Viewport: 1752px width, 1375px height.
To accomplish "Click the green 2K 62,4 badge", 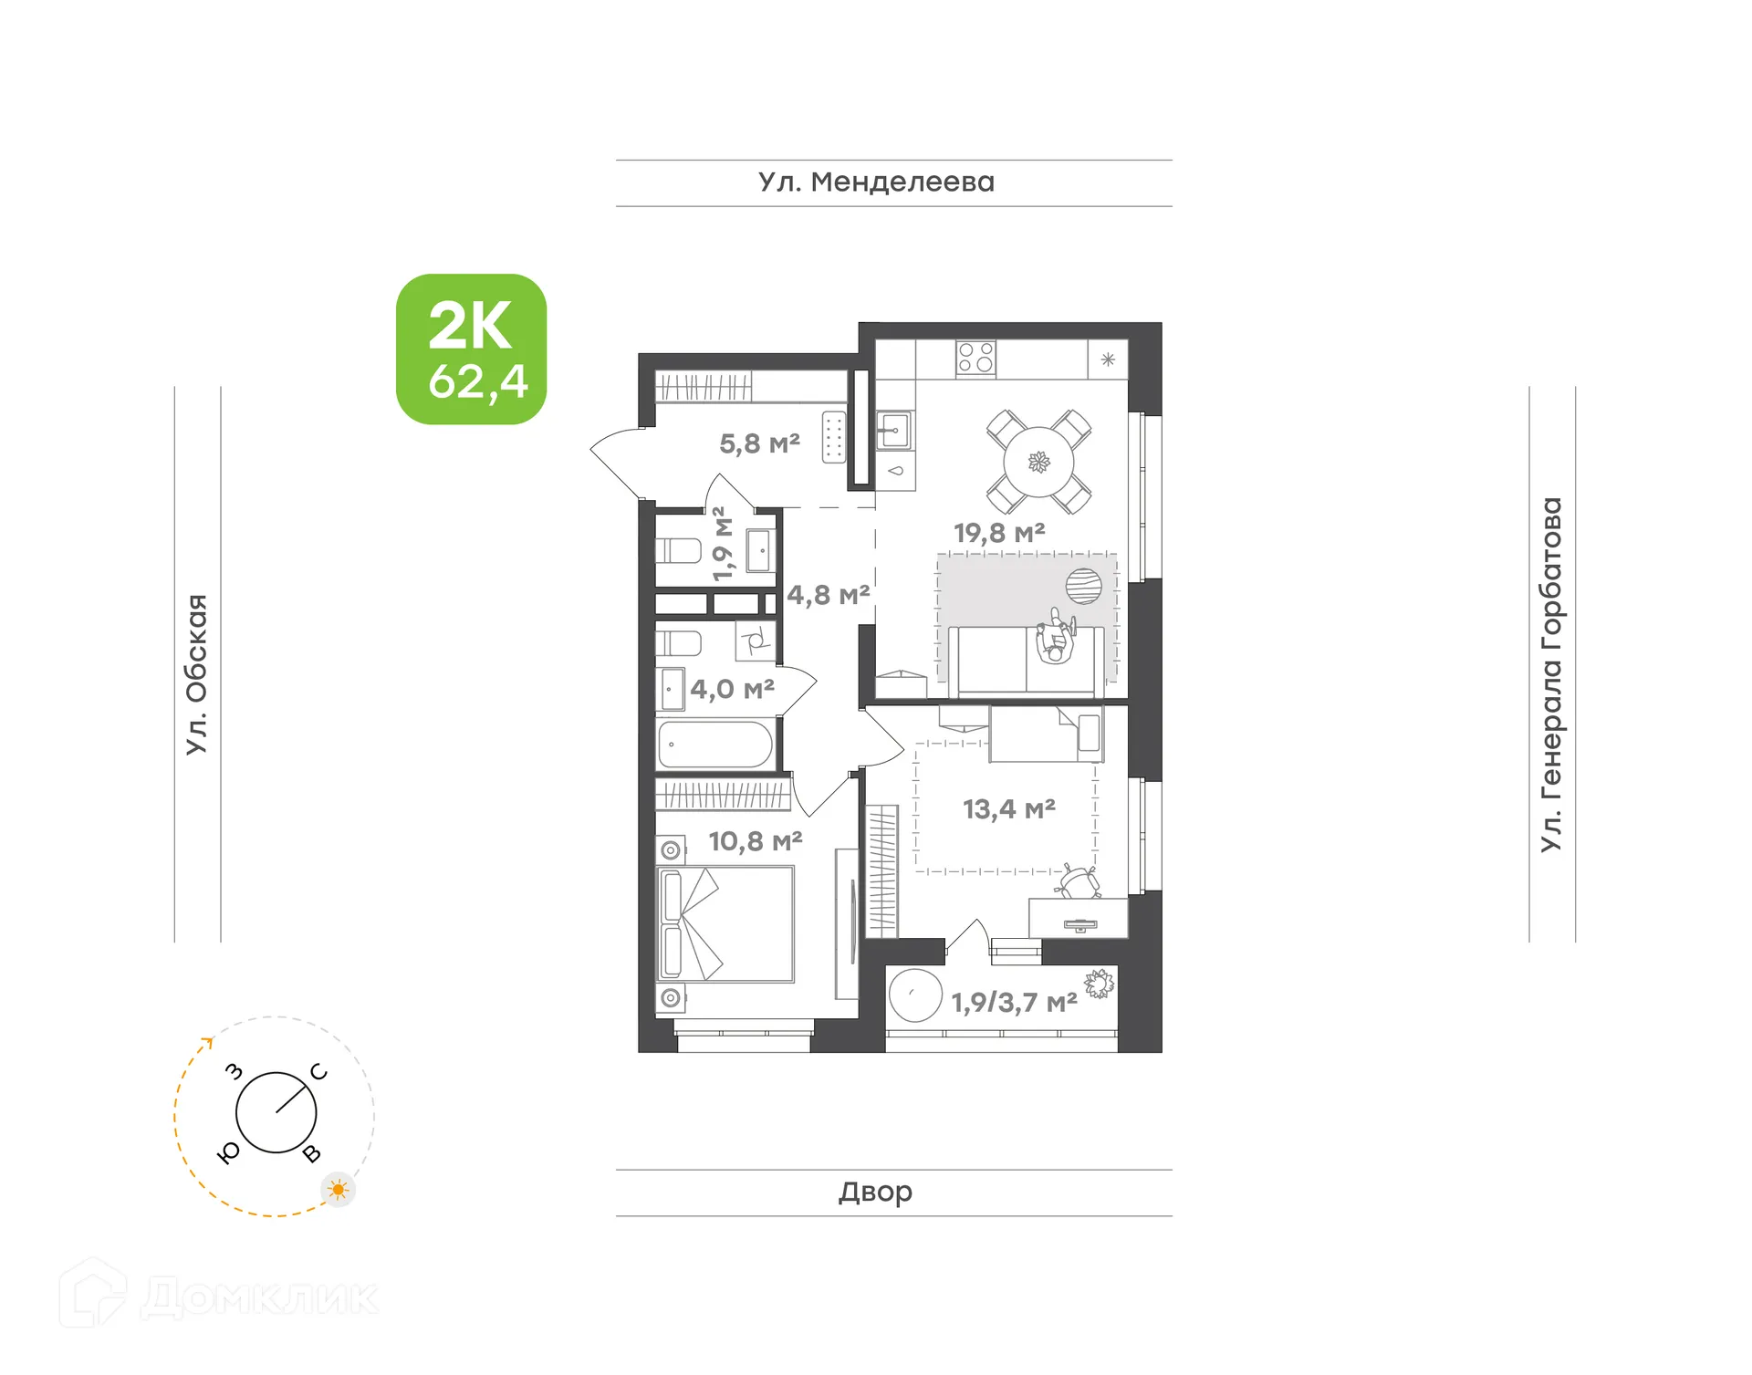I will tap(471, 349).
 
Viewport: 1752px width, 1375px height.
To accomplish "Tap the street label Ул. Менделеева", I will tap(876, 182).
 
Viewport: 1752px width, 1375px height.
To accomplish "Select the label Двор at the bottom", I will tap(875, 1192).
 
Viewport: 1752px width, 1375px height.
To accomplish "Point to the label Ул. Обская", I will tap(197, 674).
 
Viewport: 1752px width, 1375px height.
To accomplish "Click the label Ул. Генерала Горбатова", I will tap(1551, 674).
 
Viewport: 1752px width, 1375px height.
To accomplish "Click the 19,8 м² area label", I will tap(999, 533).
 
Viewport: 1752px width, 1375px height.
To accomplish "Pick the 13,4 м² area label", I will tap(1009, 809).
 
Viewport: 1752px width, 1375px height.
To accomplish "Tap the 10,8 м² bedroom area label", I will tap(756, 841).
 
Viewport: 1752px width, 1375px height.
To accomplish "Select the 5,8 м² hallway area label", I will tap(759, 444).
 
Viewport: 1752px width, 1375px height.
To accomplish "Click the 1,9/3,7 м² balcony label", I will tap(1014, 1003).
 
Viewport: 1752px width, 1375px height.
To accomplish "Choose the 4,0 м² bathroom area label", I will tap(732, 689).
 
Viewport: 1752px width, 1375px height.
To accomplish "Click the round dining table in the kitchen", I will tap(1038, 462).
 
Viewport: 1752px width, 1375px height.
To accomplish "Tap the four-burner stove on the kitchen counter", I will tap(975, 358).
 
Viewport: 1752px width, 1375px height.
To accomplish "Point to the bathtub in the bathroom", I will tap(715, 745).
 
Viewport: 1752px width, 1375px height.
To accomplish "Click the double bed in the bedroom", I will tap(725, 923).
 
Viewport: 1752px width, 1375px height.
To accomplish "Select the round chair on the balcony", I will tap(914, 995).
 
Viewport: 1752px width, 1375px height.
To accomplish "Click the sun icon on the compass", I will tap(339, 1190).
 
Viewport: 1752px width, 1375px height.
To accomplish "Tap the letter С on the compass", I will tap(318, 1072).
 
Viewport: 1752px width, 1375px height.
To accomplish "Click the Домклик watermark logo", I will tap(219, 1296).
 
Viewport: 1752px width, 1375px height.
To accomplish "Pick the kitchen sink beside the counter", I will tap(893, 430).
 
